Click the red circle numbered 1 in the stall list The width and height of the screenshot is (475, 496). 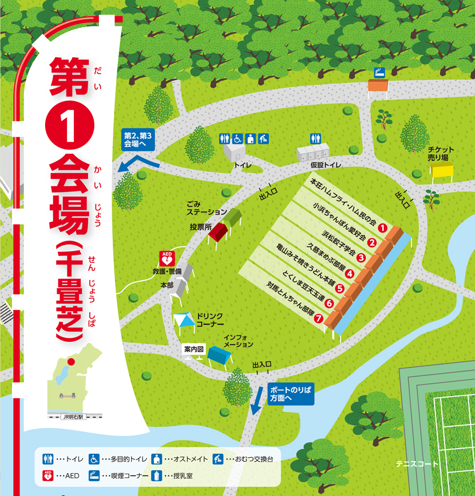click(x=383, y=228)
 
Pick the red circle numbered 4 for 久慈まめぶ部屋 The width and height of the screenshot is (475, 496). click(x=350, y=273)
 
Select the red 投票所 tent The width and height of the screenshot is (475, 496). click(x=218, y=231)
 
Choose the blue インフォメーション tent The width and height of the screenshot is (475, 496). click(x=220, y=355)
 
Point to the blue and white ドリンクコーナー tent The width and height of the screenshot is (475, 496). click(x=184, y=321)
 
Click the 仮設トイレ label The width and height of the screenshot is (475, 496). click(x=326, y=165)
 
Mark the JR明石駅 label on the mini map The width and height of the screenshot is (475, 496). click(x=73, y=417)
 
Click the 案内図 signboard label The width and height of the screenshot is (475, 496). click(x=194, y=349)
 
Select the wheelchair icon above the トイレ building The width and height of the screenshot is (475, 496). click(x=237, y=138)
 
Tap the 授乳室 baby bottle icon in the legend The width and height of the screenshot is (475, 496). click(x=156, y=475)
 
